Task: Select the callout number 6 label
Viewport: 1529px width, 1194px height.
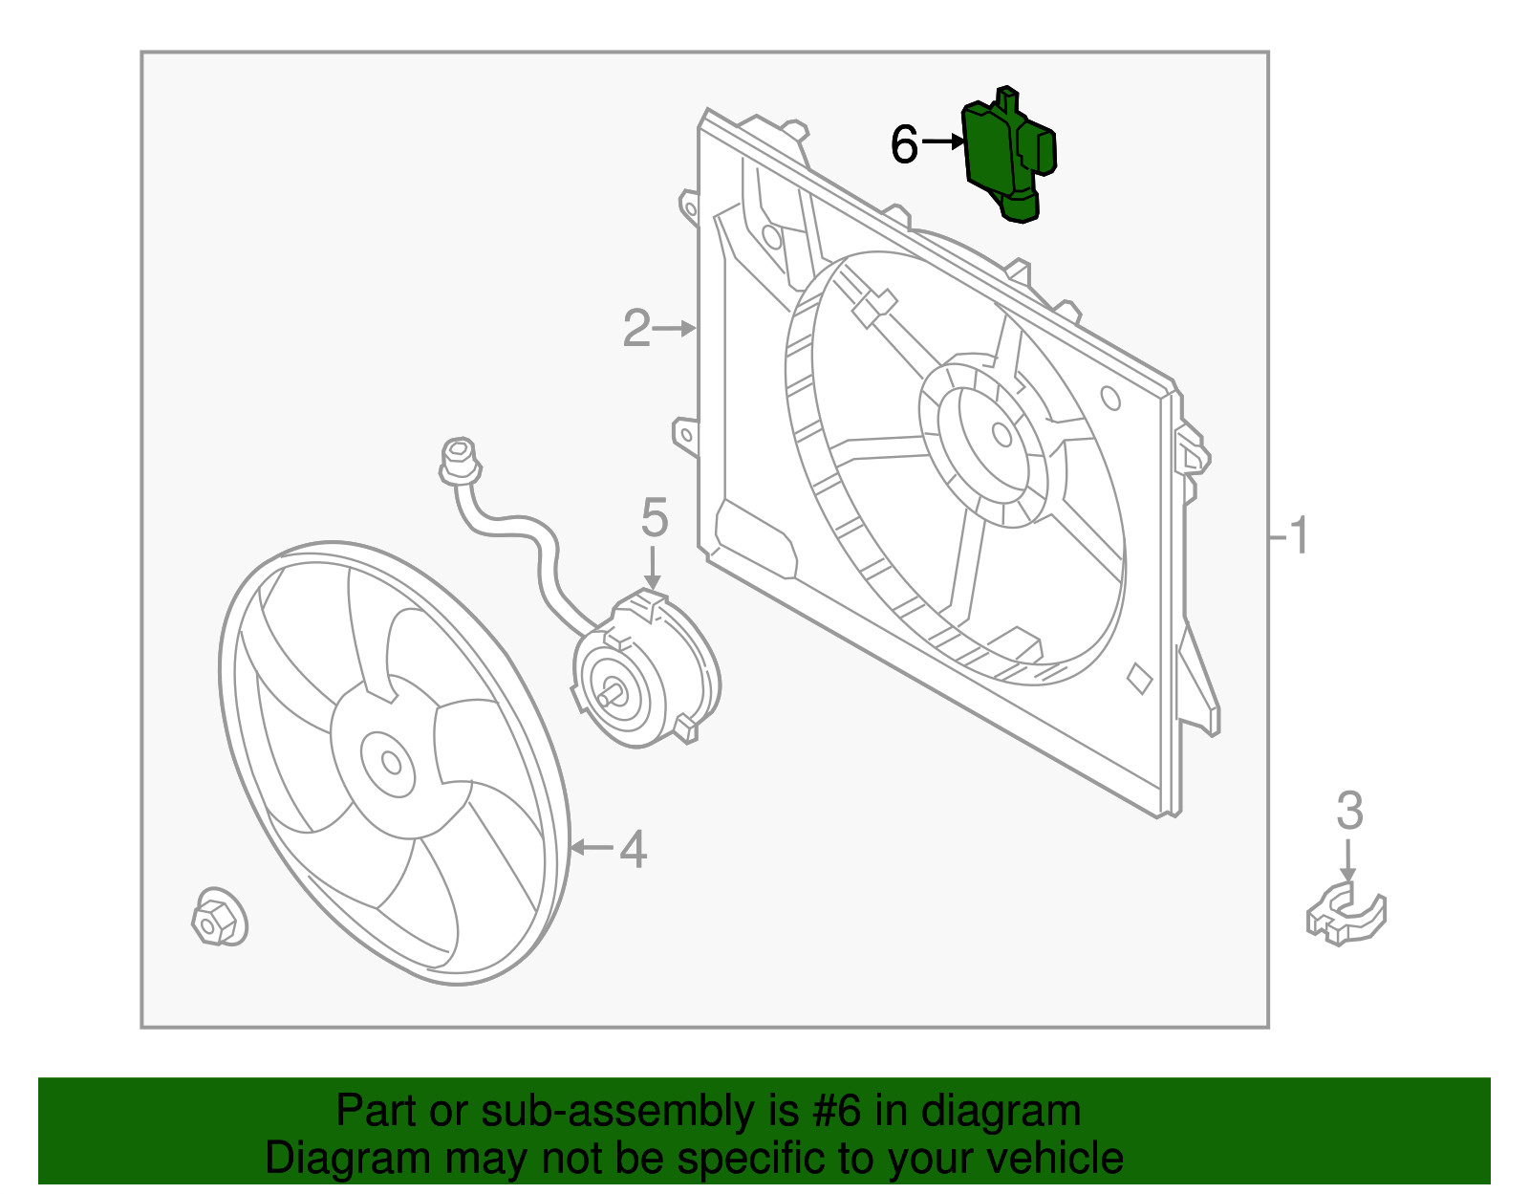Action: (904, 145)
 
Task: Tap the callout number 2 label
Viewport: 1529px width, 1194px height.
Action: (636, 329)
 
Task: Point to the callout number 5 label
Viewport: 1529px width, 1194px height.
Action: (654, 518)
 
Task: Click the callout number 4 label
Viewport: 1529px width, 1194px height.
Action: (633, 849)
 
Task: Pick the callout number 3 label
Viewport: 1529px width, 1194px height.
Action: (1348, 812)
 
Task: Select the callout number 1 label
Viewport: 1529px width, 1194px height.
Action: (1298, 536)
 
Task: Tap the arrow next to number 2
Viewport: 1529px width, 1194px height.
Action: (677, 329)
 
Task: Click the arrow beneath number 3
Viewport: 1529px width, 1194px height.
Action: (1347, 860)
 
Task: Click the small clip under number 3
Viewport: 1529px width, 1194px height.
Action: (1346, 915)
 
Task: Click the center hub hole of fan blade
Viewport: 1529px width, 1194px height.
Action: (391, 762)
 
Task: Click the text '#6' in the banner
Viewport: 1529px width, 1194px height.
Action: (838, 1112)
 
